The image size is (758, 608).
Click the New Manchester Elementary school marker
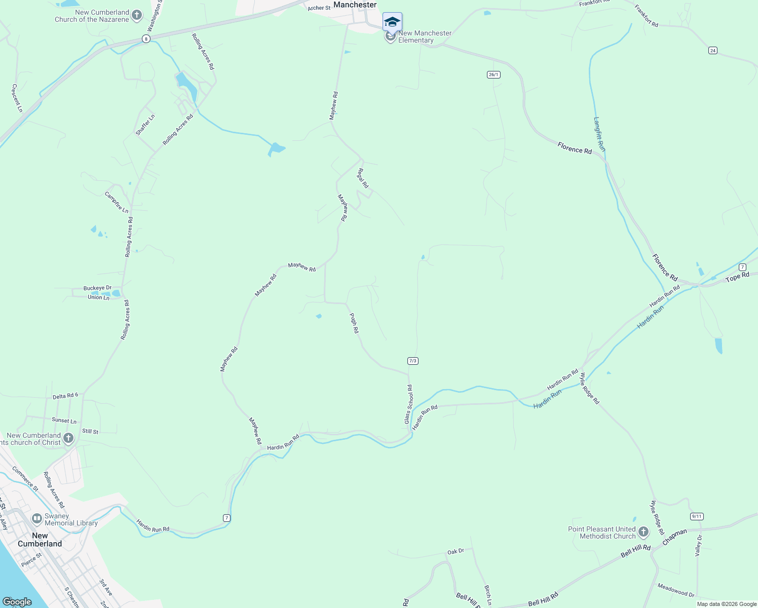392,23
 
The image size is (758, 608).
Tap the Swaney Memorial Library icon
36,518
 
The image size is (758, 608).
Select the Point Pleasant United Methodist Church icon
643,532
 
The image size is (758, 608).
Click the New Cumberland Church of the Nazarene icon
136,16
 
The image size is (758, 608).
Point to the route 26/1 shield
494,74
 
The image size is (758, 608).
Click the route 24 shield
713,50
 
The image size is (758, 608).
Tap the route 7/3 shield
412,361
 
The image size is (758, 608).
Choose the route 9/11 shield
697,516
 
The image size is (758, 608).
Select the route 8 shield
146,39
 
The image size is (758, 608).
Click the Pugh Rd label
354,323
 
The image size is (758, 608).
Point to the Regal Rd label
363,178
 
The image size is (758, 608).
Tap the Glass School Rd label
408,404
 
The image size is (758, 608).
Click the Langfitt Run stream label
599,134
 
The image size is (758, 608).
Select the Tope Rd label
737,277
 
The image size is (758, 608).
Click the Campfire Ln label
117,202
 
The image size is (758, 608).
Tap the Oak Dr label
456,551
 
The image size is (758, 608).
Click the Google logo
17,602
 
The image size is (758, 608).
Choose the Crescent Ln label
17,98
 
